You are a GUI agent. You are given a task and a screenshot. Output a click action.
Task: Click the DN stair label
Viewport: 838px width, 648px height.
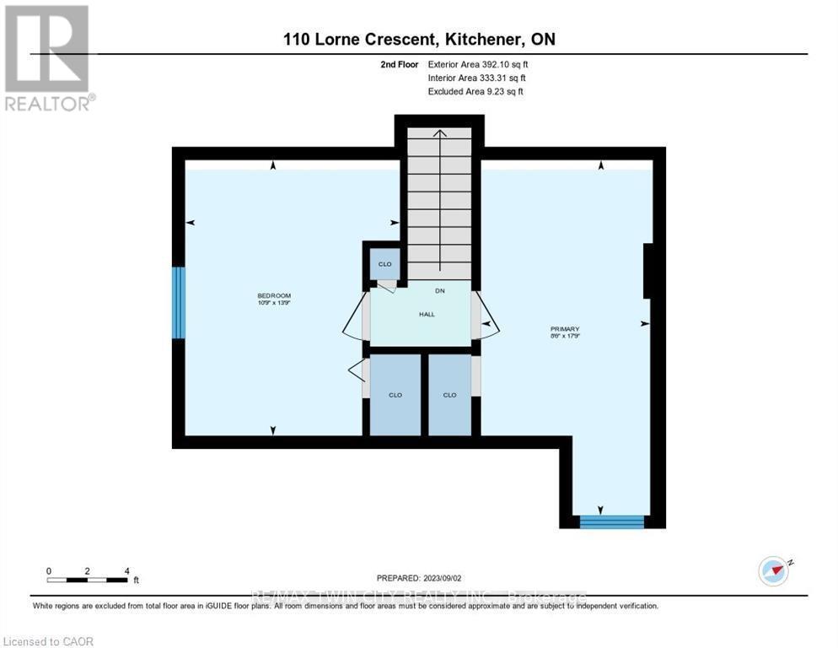(439, 291)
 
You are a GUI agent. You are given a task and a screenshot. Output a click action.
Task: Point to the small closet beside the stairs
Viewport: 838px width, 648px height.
(384, 263)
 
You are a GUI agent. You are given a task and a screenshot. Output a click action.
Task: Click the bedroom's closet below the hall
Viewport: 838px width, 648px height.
(395, 394)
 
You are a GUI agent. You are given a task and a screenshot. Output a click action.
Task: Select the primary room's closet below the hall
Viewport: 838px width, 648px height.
(449, 394)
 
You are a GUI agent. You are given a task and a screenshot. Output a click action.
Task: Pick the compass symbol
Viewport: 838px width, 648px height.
(773, 570)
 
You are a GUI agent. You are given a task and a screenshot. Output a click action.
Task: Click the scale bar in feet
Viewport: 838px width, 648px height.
(88, 579)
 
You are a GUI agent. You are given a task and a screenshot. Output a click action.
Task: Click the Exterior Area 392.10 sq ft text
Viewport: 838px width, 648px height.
(478, 64)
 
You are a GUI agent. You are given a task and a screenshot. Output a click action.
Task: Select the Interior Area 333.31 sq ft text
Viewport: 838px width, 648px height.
(476, 78)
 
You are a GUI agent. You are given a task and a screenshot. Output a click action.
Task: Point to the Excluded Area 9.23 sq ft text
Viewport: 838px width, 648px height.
(475, 91)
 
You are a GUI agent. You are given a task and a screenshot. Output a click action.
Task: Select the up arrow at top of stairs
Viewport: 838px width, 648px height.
(438, 133)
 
